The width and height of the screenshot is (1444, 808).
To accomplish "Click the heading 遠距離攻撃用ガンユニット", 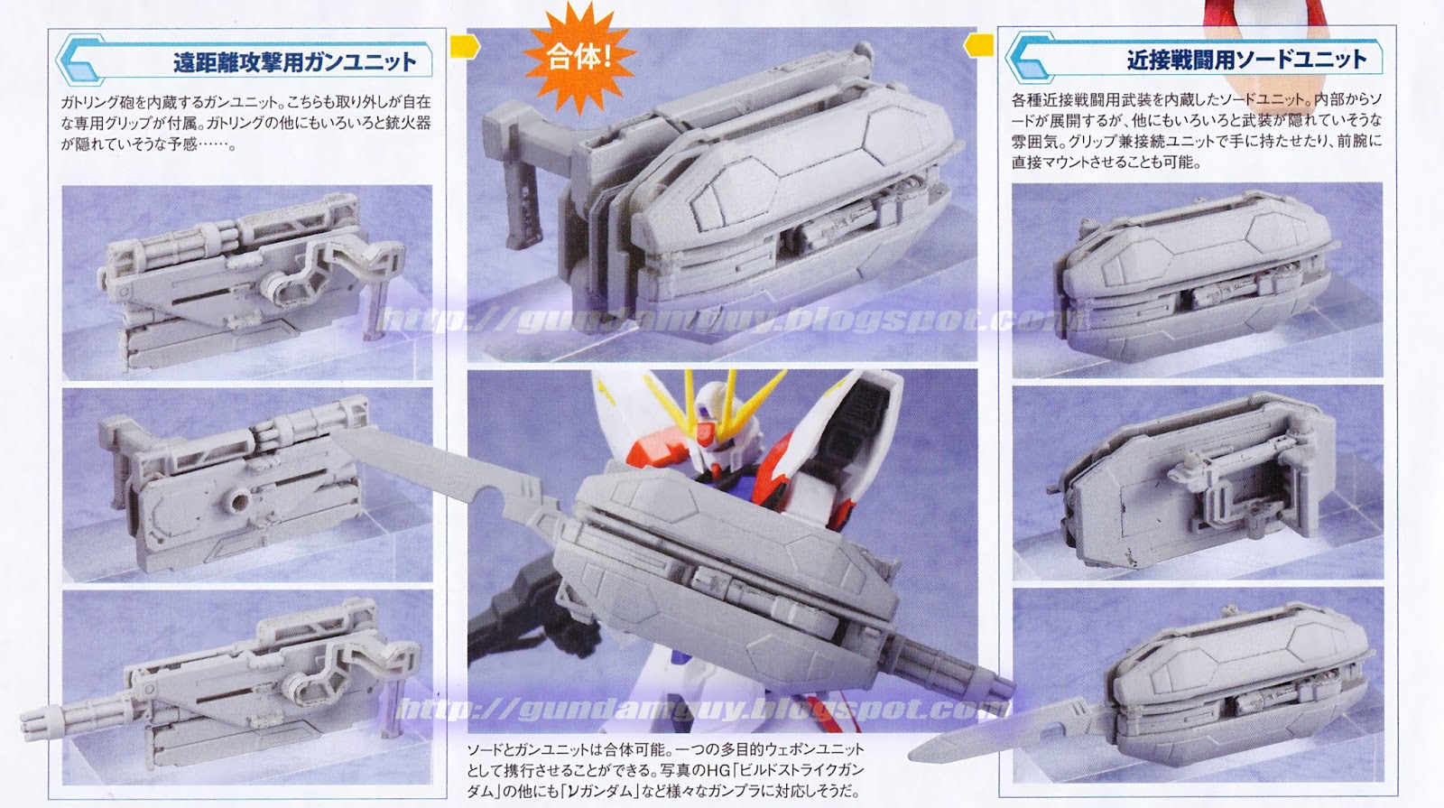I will [294, 61].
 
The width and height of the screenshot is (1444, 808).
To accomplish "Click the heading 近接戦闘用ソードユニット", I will [1245, 60].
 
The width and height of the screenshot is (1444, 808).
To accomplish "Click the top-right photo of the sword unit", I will [1197, 280].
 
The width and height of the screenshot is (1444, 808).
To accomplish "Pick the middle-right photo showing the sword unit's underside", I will [1197, 482].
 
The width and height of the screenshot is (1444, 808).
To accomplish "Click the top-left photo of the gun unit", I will [246, 282].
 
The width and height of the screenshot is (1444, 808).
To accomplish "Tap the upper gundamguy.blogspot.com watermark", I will [731, 319].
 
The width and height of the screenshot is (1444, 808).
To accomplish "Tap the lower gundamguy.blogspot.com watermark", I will [699, 710].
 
